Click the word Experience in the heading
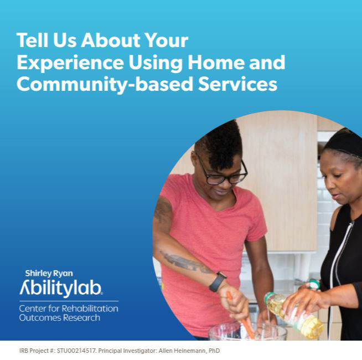(x=70, y=63)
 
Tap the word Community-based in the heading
(x=105, y=85)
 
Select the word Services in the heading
(x=237, y=84)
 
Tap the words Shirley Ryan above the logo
(x=49, y=274)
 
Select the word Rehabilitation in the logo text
(x=90, y=308)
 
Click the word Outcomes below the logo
(x=40, y=318)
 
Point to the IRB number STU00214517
(x=76, y=351)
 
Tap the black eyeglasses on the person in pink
(x=221, y=172)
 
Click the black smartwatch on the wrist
(x=217, y=282)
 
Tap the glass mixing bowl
(x=248, y=331)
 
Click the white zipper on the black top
(x=339, y=254)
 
